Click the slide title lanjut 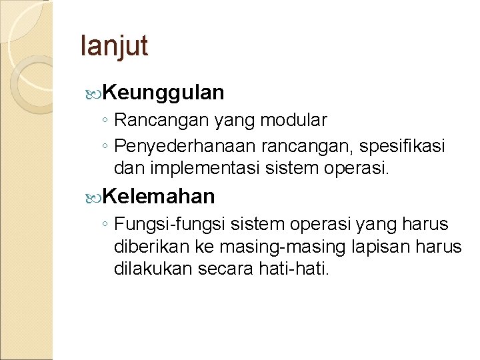tap(113, 47)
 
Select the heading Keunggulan tap(163, 93)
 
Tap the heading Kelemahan tap(159, 196)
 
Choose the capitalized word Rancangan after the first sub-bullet tap(150, 121)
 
